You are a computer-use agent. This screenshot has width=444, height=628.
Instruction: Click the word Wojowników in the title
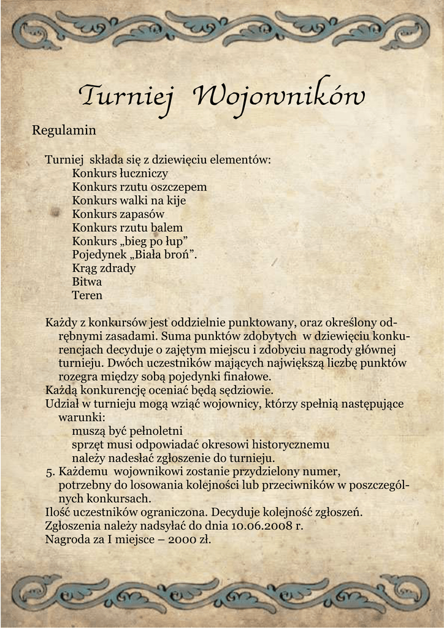(x=278, y=96)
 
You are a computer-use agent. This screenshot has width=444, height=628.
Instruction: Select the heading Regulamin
(x=64, y=131)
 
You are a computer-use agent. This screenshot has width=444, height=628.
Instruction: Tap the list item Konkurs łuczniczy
(x=120, y=174)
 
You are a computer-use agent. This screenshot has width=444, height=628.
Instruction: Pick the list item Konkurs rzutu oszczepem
(x=139, y=187)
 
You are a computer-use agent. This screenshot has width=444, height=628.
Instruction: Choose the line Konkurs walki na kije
(x=129, y=201)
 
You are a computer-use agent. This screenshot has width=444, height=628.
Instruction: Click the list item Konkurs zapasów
(x=118, y=214)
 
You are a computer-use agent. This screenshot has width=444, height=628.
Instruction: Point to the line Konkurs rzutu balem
(x=128, y=228)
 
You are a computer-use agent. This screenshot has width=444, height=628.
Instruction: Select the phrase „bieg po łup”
(x=153, y=241)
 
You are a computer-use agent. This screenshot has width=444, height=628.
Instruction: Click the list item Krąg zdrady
(x=104, y=268)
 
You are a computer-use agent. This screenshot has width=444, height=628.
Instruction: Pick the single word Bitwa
(x=87, y=281)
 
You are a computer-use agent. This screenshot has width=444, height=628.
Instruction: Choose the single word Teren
(x=87, y=295)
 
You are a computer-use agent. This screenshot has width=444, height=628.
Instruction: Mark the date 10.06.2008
(x=262, y=526)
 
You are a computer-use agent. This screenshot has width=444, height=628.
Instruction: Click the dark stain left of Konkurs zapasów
(x=55, y=213)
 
